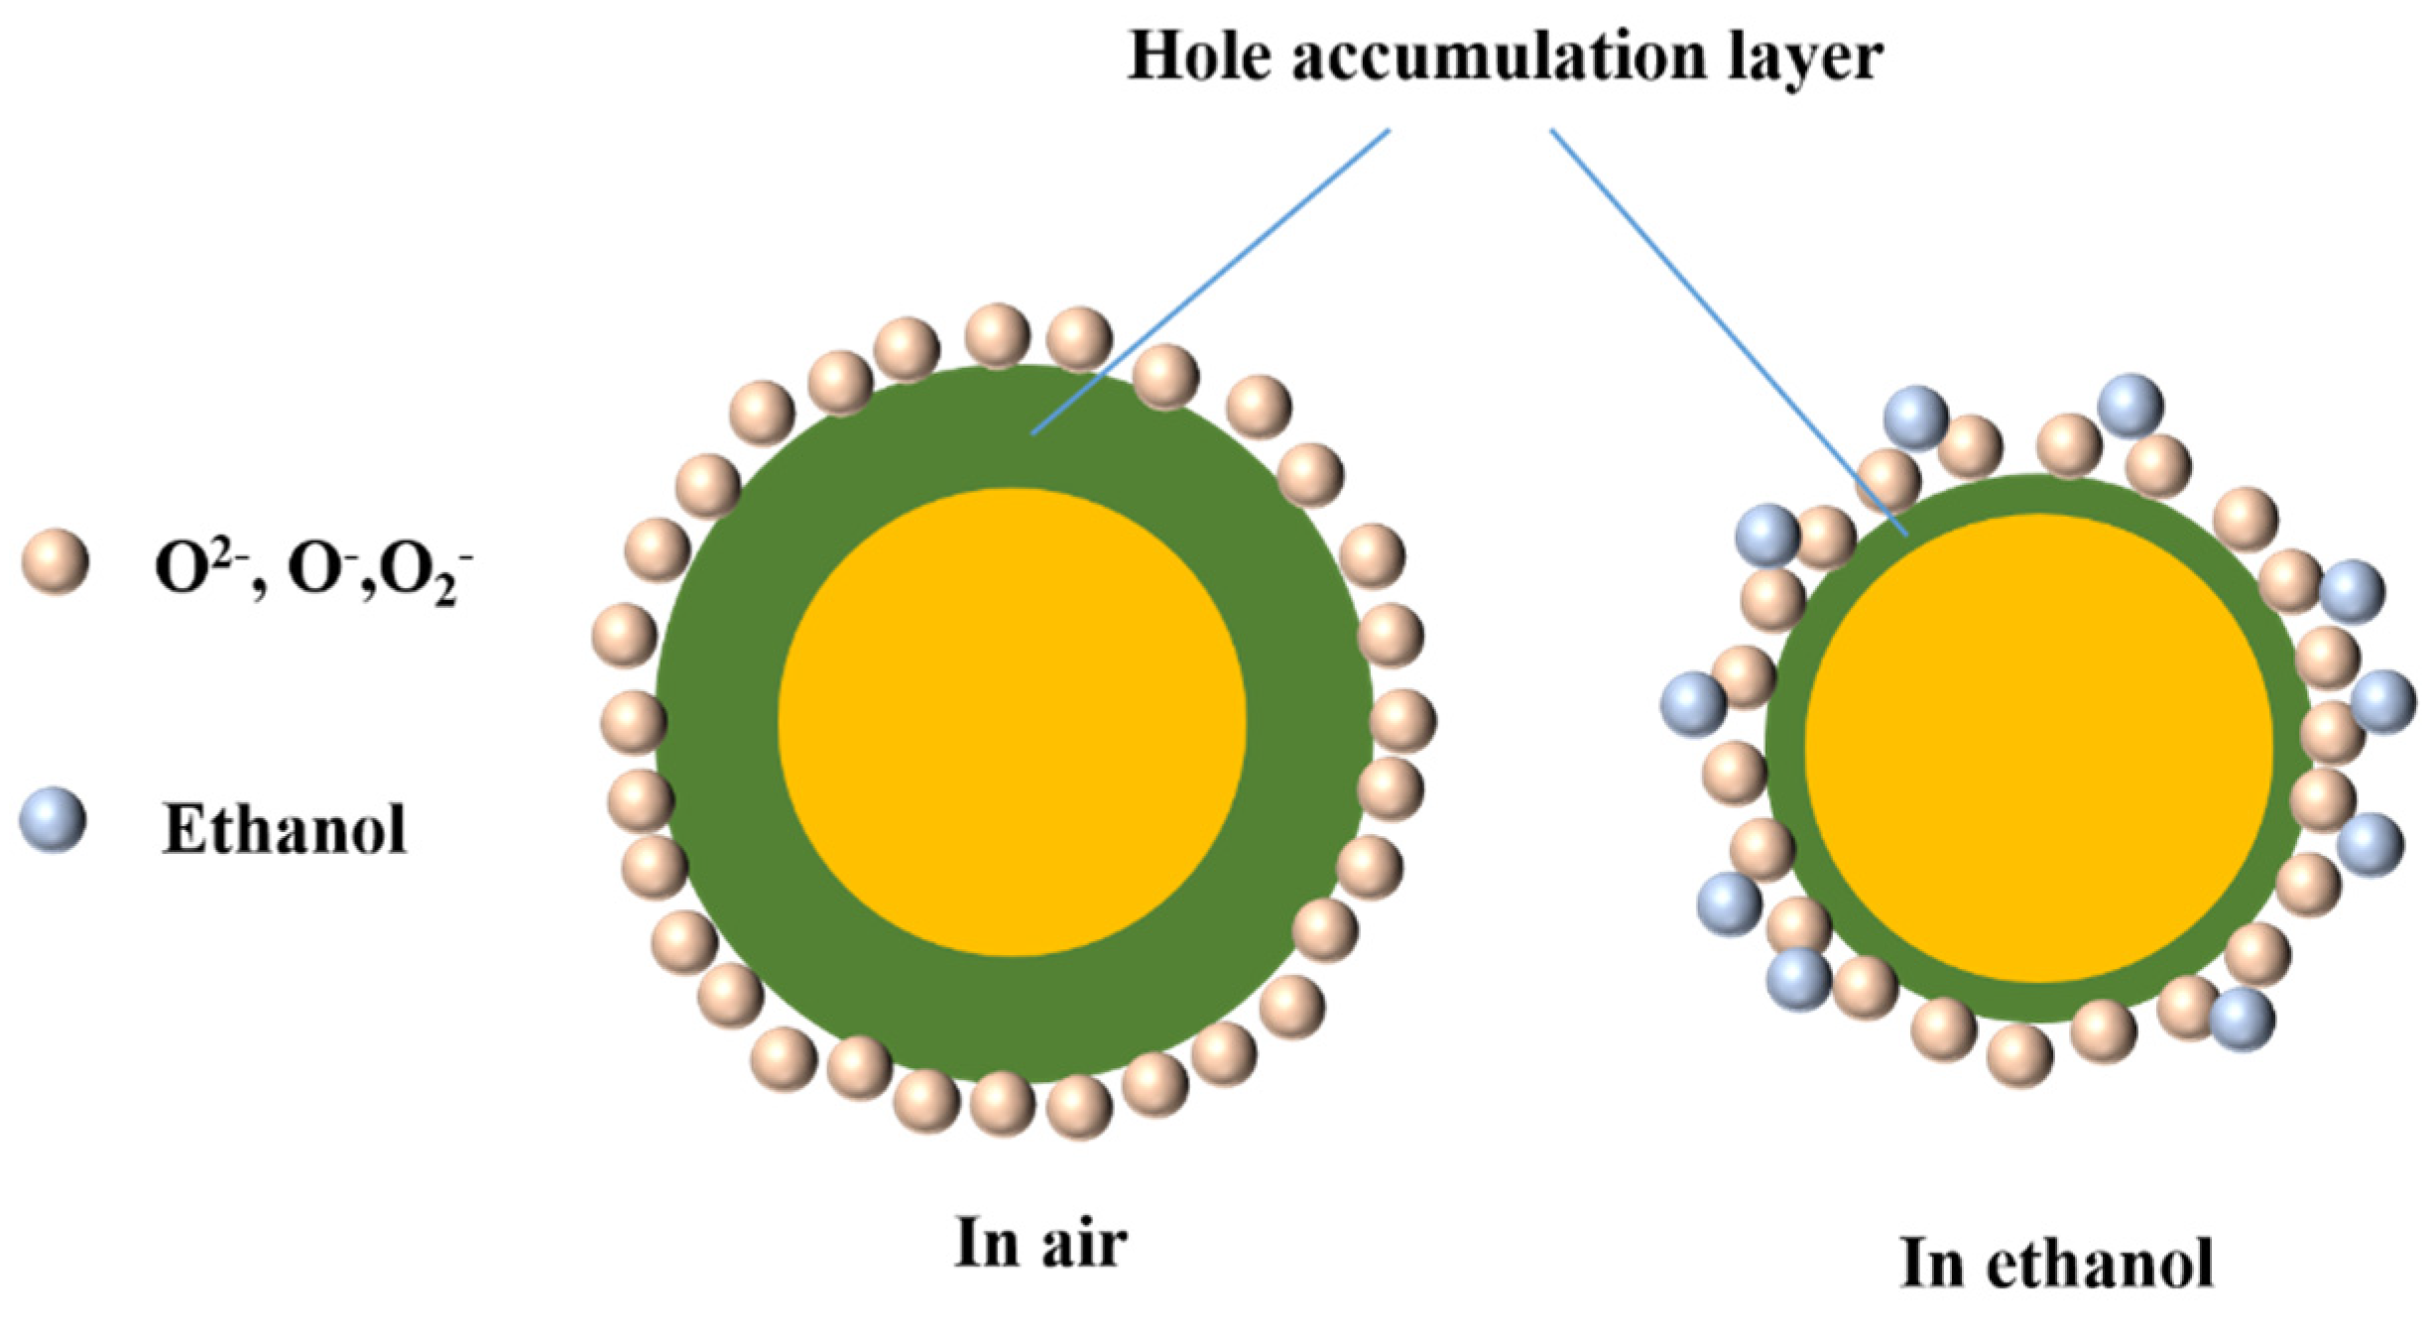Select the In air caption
coord(1040,1242)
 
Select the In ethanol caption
coord(2057,1264)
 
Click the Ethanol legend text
coord(285,829)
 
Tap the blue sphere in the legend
coord(54,820)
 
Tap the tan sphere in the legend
coord(56,561)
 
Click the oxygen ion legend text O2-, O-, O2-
coord(312,573)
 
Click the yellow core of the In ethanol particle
coord(2038,749)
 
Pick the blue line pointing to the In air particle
coord(1210,283)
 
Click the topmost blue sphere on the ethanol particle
coord(2130,406)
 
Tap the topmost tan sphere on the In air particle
coord(998,336)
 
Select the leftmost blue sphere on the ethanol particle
coord(1693,705)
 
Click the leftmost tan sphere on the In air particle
coord(624,636)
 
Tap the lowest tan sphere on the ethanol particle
coord(2019,1055)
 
